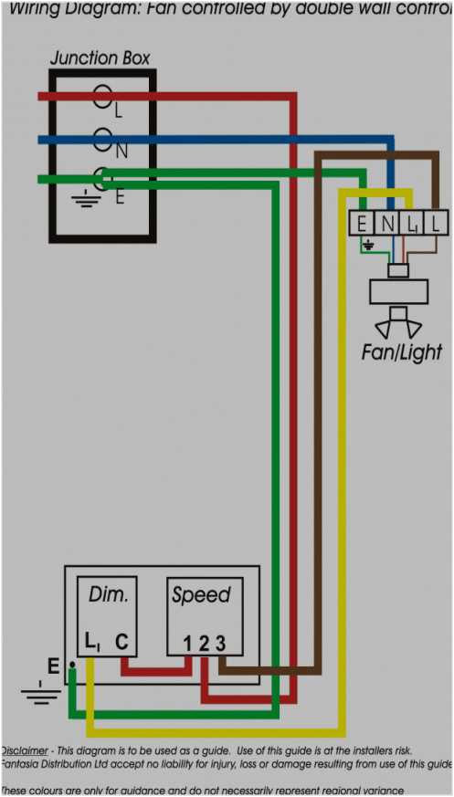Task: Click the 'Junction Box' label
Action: [100, 58]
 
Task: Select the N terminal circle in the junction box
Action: [103, 140]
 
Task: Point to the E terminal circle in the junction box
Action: [103, 179]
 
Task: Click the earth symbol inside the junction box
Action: [87, 198]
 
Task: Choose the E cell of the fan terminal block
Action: [362, 223]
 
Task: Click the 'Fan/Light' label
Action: [401, 351]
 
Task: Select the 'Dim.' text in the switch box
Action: [108, 594]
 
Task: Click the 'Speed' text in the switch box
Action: [201, 595]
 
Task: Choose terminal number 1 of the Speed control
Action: [186, 644]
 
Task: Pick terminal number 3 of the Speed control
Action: [220, 644]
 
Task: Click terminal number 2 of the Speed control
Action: [204, 644]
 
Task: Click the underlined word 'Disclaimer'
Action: [26, 750]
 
